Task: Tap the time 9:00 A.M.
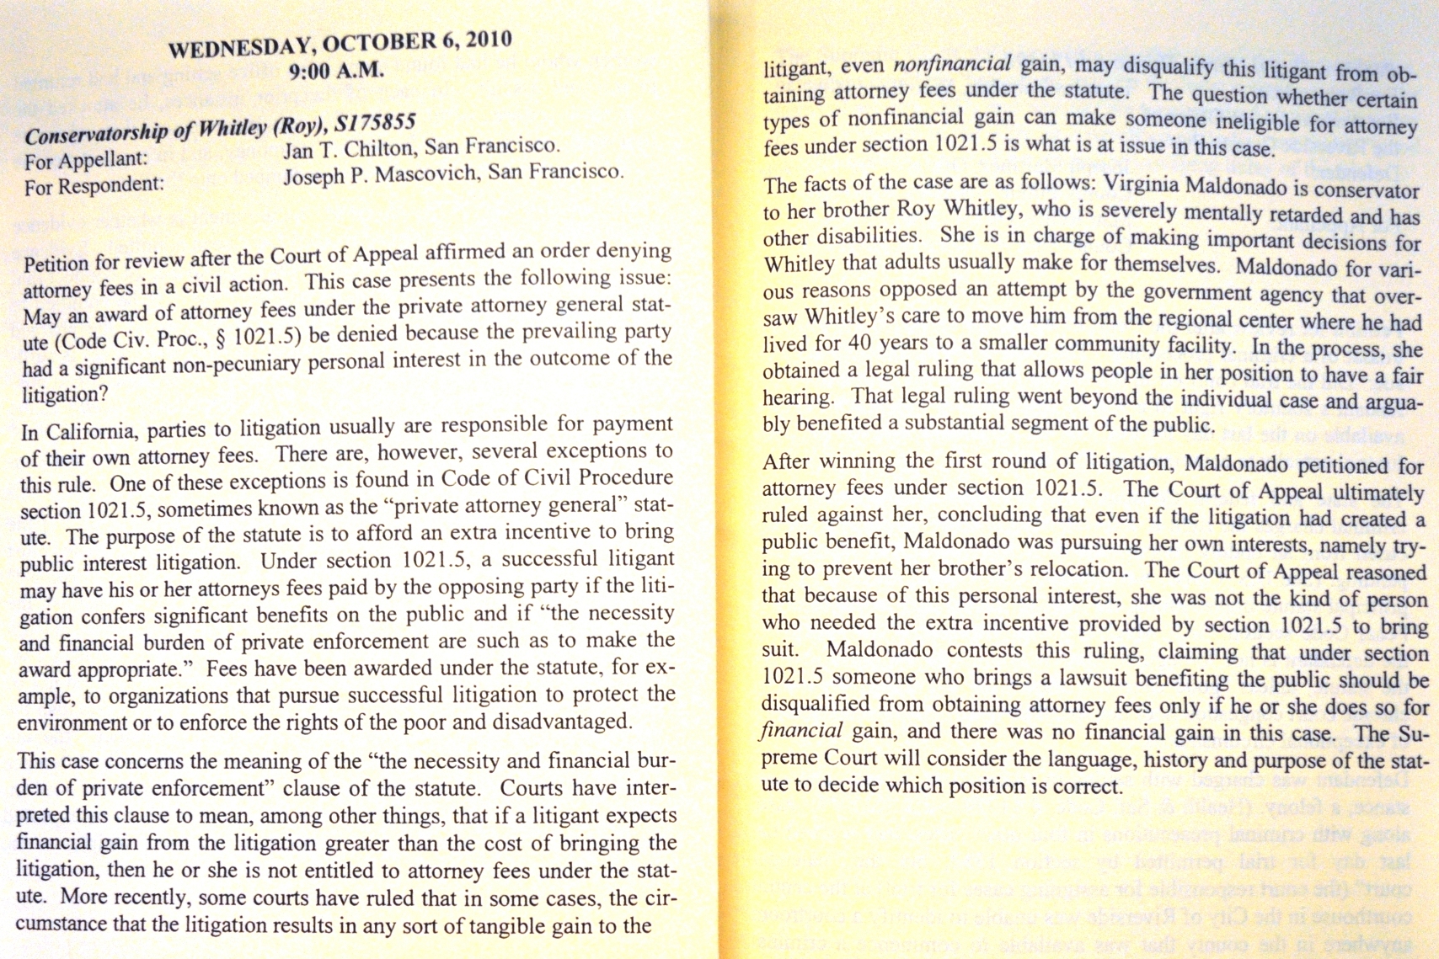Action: (336, 71)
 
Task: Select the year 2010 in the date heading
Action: (489, 39)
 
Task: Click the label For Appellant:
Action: (86, 159)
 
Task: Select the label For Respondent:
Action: (94, 185)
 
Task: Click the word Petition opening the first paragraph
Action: (56, 264)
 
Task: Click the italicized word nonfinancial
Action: (952, 65)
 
